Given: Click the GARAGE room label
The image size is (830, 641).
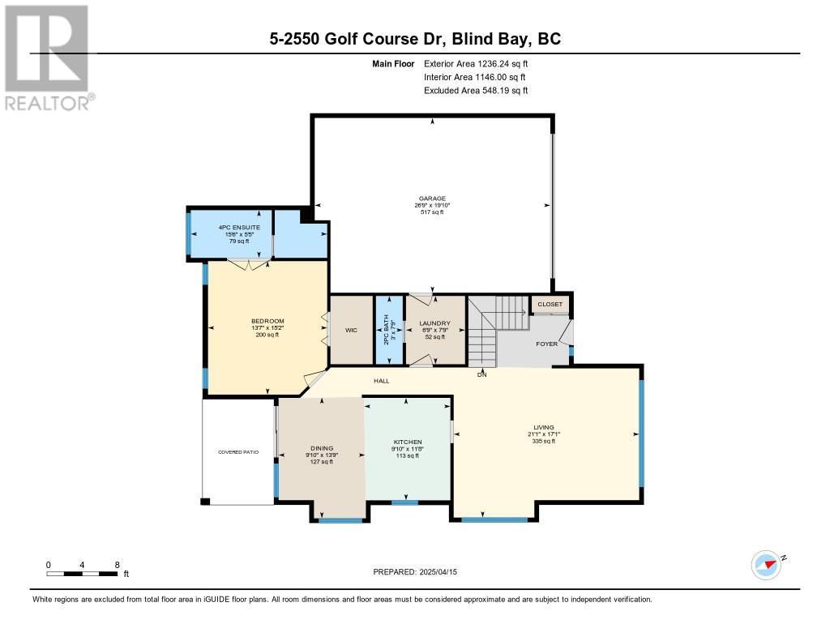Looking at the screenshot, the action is (x=432, y=199).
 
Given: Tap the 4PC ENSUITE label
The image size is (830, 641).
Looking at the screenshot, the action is (x=239, y=227).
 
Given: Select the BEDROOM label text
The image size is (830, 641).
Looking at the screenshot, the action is (x=267, y=321).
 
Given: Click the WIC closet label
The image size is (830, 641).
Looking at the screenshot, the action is (x=351, y=331).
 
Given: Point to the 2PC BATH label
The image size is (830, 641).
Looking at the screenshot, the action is (x=386, y=330).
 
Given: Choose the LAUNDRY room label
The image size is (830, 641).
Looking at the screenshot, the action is (x=434, y=323).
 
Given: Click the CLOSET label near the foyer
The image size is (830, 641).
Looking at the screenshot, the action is (x=550, y=305).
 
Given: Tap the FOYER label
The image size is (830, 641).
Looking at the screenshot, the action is (x=547, y=344).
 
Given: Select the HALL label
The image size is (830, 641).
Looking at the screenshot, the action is (x=381, y=381).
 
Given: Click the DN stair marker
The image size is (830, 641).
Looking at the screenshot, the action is (x=481, y=374).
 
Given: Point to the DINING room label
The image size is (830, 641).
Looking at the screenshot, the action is (x=322, y=448).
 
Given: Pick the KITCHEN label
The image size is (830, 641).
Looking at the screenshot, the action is (x=408, y=442).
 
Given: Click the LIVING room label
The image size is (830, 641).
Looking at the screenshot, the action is (x=544, y=427).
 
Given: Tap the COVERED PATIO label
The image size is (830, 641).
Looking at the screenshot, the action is (x=238, y=452).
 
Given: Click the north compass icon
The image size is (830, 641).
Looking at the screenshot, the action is (x=767, y=565).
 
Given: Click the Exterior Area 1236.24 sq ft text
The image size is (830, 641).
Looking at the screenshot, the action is (x=476, y=64).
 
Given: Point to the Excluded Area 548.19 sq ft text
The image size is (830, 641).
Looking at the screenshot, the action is (x=476, y=91).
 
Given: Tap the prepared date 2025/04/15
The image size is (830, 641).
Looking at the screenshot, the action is (x=438, y=571).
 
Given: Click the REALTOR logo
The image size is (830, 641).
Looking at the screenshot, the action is (x=48, y=58).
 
